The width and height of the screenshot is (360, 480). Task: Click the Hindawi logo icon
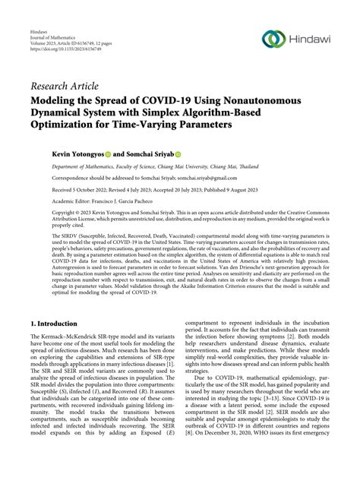pyautogui.click(x=272, y=39)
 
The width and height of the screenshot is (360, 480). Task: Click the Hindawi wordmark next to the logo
pyautogui.click(x=312, y=39)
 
